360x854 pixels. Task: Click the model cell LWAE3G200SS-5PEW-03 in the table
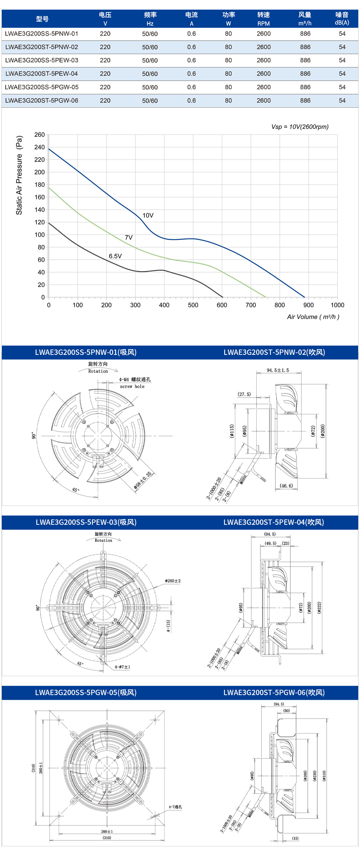[x=42, y=60]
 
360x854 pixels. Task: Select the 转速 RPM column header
[x=263, y=19]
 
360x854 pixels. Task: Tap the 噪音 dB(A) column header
[x=342, y=19]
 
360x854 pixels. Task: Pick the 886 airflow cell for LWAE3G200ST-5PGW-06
[x=305, y=100]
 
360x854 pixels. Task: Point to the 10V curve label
[x=148, y=216]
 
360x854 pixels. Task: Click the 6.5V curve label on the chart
[x=115, y=256]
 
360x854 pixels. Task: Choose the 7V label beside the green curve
[x=129, y=238]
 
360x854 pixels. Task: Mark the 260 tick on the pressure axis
[x=40, y=135]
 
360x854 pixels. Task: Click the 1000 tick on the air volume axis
[x=337, y=305]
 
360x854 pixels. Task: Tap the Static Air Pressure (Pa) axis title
[x=19, y=175]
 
